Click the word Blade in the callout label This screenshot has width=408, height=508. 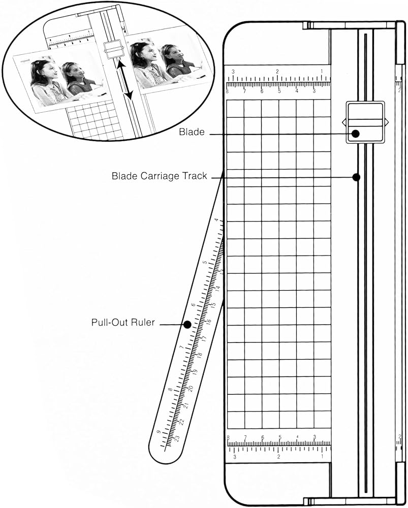point(192,133)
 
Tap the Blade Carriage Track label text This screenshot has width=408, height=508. point(159,176)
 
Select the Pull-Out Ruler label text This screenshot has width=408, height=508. point(123,322)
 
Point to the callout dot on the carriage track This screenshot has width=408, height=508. point(356,177)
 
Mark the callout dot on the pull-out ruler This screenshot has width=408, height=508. point(187,324)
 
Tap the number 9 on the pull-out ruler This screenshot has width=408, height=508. point(159,432)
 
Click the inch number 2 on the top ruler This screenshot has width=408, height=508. point(277,71)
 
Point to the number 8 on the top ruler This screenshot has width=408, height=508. point(228,91)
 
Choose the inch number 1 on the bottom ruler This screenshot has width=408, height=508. point(323,457)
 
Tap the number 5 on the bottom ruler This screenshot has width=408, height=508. point(280,437)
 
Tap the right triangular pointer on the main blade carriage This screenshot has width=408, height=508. point(387,121)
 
